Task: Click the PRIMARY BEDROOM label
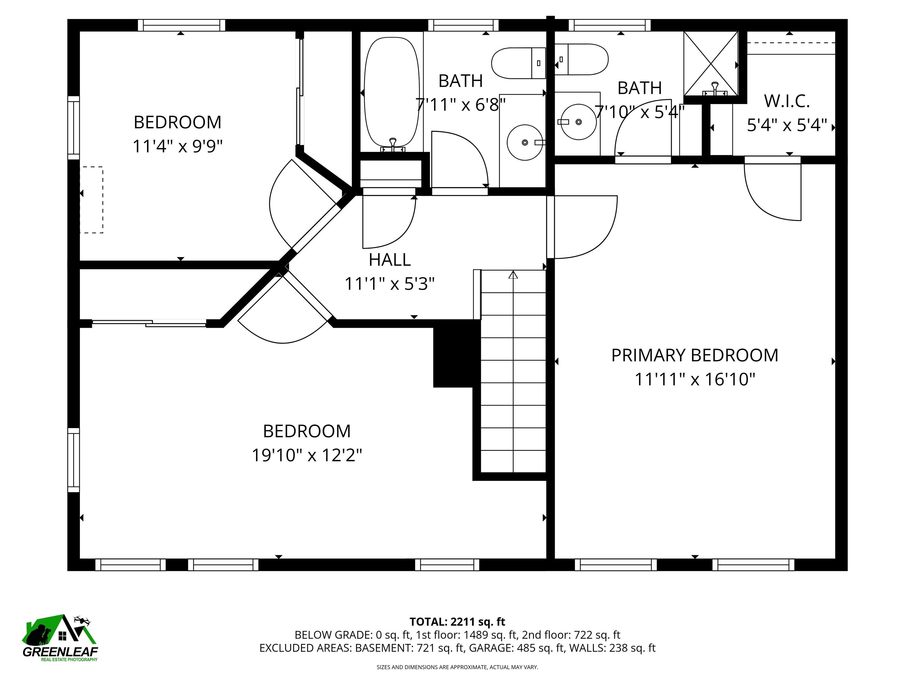point(695,355)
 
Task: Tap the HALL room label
point(390,260)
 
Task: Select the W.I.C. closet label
point(786,101)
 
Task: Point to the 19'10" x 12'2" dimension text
point(307,455)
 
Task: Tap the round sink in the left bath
point(525,142)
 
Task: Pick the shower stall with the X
point(710,63)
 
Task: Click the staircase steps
point(513,372)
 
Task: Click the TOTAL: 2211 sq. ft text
point(457,621)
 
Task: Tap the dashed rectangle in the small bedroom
point(91,200)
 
